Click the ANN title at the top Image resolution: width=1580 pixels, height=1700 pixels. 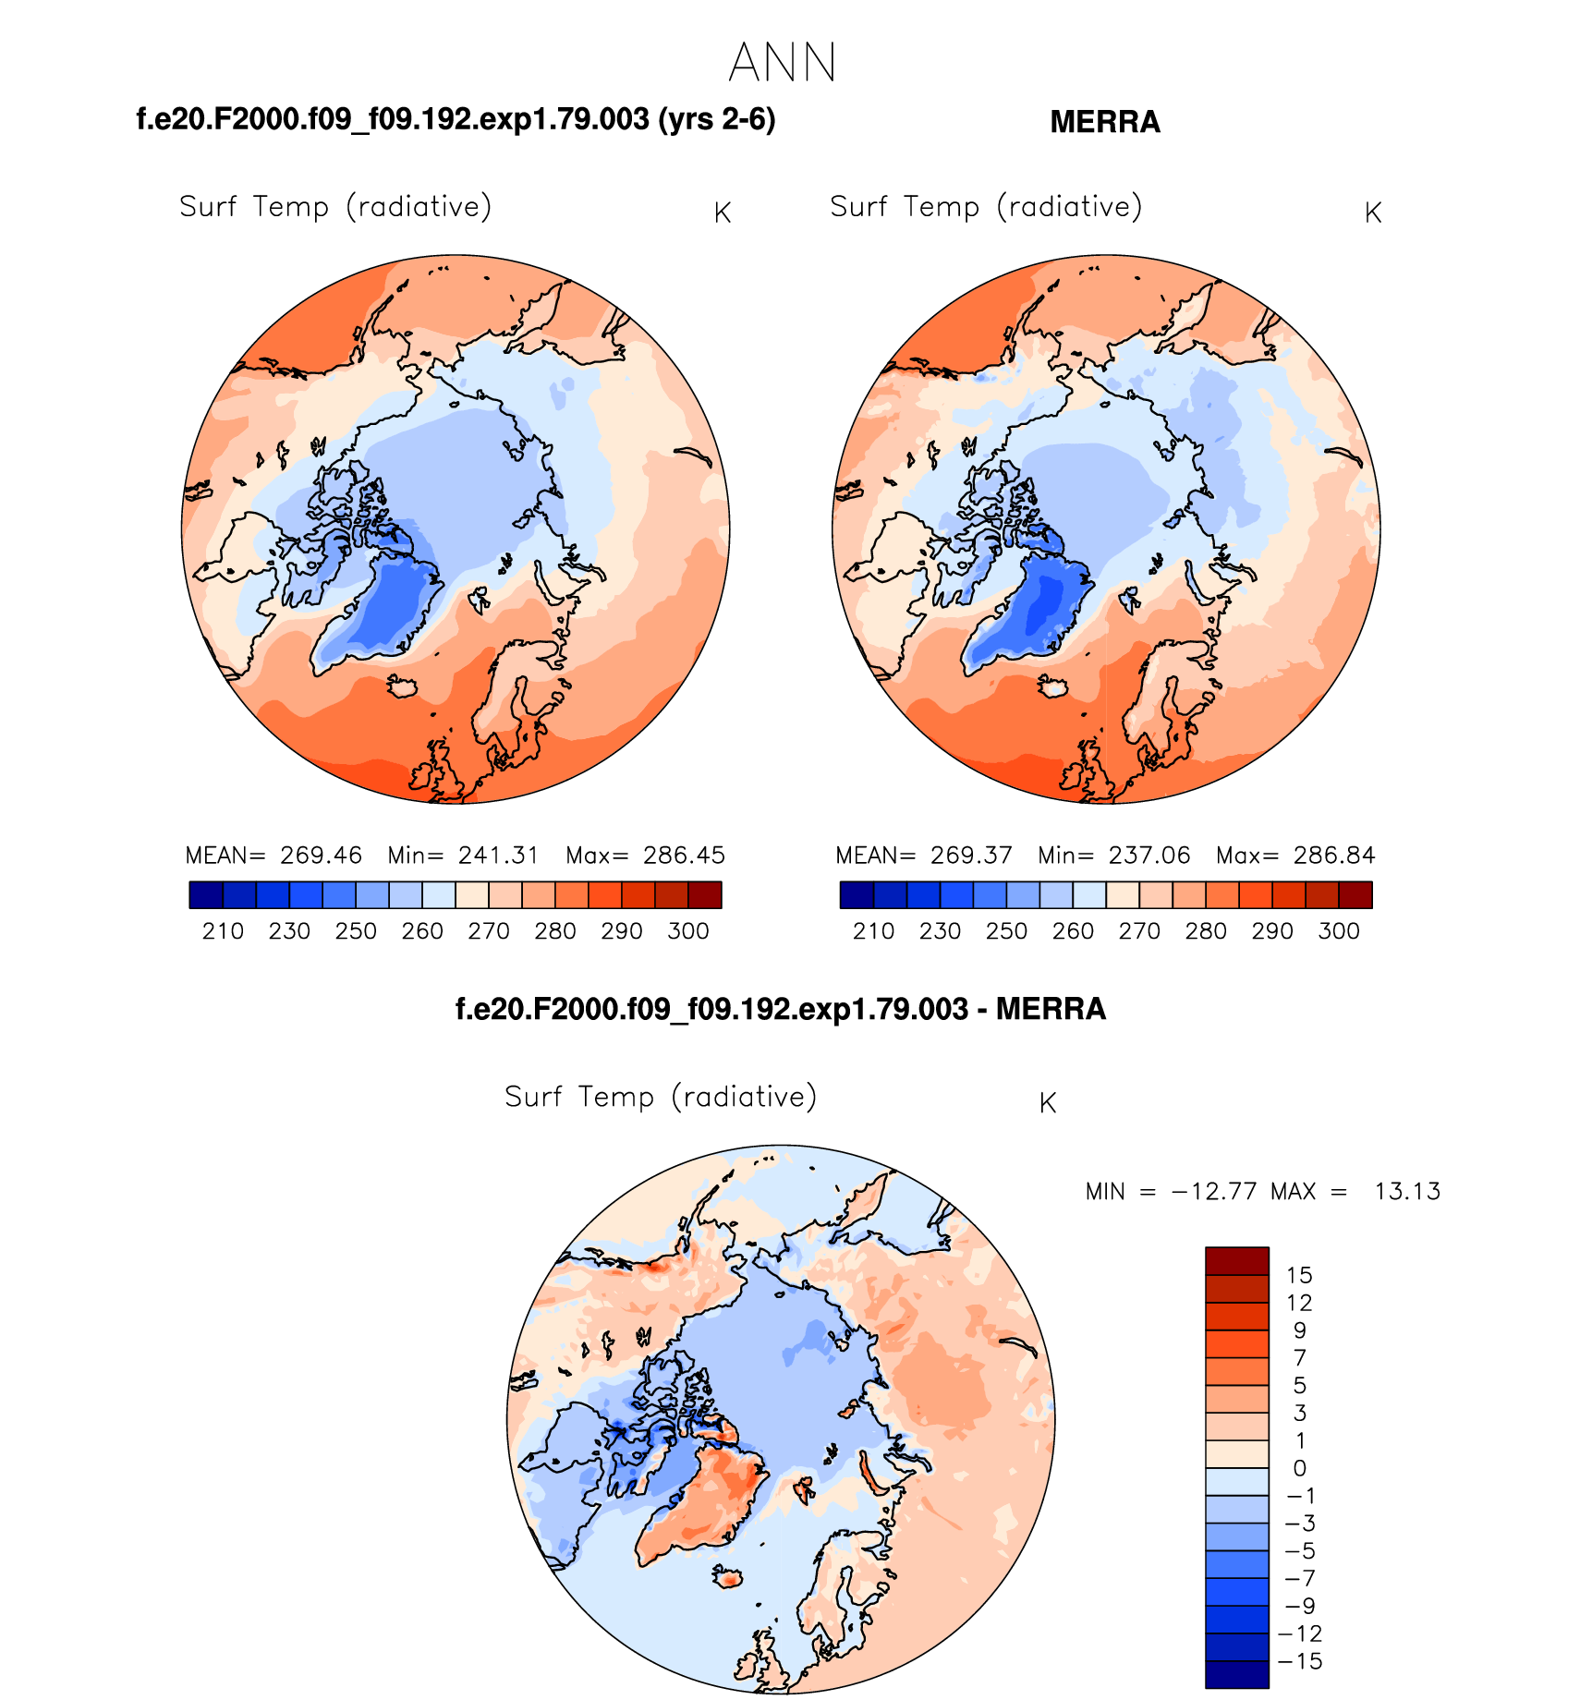[x=782, y=63]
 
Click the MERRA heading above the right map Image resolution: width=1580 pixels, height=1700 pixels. [x=1104, y=122]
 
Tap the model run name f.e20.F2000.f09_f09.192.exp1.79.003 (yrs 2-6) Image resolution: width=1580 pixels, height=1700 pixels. [x=456, y=119]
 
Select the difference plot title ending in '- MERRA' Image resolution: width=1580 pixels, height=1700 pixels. [x=781, y=1009]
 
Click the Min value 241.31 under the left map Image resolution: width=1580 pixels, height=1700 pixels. [x=498, y=856]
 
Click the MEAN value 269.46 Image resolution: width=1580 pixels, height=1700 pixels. [x=321, y=856]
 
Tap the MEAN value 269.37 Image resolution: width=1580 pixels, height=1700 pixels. [x=971, y=856]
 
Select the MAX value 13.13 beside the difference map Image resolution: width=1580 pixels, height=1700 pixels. [x=1406, y=1192]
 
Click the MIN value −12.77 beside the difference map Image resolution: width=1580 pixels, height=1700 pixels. [x=1214, y=1192]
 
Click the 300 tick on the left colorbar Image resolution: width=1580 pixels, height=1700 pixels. [x=687, y=931]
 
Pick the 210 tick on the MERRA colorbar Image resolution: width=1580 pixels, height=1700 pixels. [x=873, y=931]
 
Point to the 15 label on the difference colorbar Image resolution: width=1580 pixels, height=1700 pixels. [x=1299, y=1276]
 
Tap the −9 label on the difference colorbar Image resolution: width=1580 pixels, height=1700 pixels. [x=1298, y=1606]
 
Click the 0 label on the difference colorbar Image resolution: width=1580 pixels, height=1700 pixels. [x=1300, y=1468]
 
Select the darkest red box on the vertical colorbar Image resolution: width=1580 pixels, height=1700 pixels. [x=1236, y=1261]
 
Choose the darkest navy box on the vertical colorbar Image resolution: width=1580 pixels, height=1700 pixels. [x=1236, y=1674]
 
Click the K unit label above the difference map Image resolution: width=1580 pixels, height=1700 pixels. [x=1047, y=1103]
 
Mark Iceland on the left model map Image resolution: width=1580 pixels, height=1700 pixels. [x=403, y=687]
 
